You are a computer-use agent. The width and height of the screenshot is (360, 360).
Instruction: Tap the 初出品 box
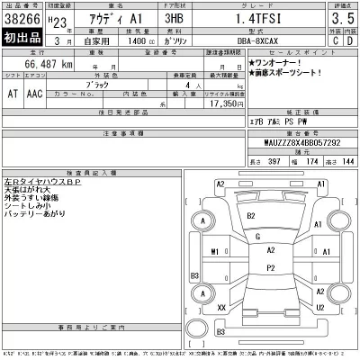tap(21, 40)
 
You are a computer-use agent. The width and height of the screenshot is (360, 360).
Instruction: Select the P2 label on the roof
tap(270, 266)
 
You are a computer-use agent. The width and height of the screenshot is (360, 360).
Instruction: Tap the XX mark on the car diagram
tap(221, 308)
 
